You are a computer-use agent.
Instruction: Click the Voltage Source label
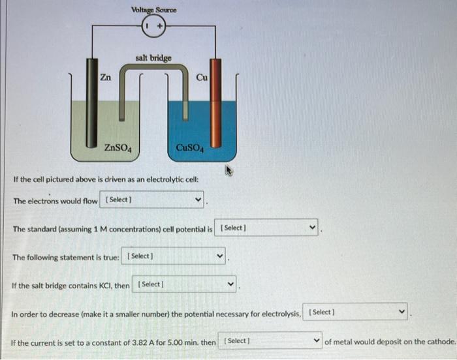click(153, 10)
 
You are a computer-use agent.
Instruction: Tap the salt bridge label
click(153, 58)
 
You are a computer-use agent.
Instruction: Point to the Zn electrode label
click(105, 77)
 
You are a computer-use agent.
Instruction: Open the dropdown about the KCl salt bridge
click(185, 285)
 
